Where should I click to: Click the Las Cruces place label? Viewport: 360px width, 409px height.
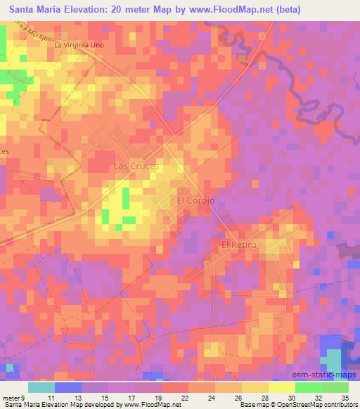point(136,167)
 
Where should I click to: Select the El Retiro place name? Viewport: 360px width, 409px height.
point(240,245)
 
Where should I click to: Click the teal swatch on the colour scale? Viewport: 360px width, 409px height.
point(41,387)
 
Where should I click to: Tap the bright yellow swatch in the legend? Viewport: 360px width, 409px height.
point(281,387)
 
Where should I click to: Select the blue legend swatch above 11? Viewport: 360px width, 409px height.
point(68,387)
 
